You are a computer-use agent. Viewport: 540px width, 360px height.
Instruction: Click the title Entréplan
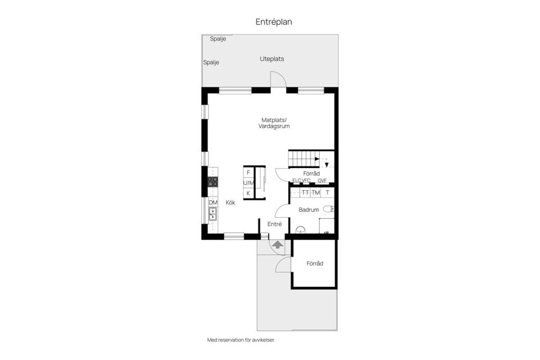pyautogui.click(x=274, y=22)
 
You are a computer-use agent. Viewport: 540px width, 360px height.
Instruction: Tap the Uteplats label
pyautogui.click(x=272, y=59)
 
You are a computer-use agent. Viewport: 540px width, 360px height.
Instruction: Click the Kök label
pyautogui.click(x=231, y=202)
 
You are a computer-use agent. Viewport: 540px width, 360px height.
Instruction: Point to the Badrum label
pyautogui.click(x=309, y=210)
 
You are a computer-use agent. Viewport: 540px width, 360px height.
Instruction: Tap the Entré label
pyautogui.click(x=274, y=224)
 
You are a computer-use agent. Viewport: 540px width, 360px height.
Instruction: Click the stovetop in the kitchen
pyautogui.click(x=213, y=181)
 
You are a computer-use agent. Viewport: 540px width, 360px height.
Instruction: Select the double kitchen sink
pyautogui.click(x=213, y=214)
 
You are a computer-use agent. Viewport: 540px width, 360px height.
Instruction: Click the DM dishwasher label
pyautogui.click(x=213, y=202)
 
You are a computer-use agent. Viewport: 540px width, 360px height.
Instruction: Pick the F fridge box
pyautogui.click(x=249, y=173)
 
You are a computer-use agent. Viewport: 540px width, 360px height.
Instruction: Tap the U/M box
pyautogui.click(x=249, y=183)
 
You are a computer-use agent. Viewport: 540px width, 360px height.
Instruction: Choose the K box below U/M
pyautogui.click(x=249, y=193)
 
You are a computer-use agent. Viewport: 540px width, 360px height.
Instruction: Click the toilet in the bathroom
pyautogui.click(x=328, y=209)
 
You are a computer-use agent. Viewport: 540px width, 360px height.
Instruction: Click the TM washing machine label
pyautogui.click(x=316, y=193)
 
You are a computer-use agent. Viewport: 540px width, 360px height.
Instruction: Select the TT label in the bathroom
pyautogui.click(x=305, y=193)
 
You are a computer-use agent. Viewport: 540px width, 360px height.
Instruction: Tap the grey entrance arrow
pyautogui.click(x=277, y=245)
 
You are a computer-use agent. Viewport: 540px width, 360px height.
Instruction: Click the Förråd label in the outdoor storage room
pyautogui.click(x=314, y=263)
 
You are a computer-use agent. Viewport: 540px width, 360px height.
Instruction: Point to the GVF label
pyautogui.click(x=322, y=181)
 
